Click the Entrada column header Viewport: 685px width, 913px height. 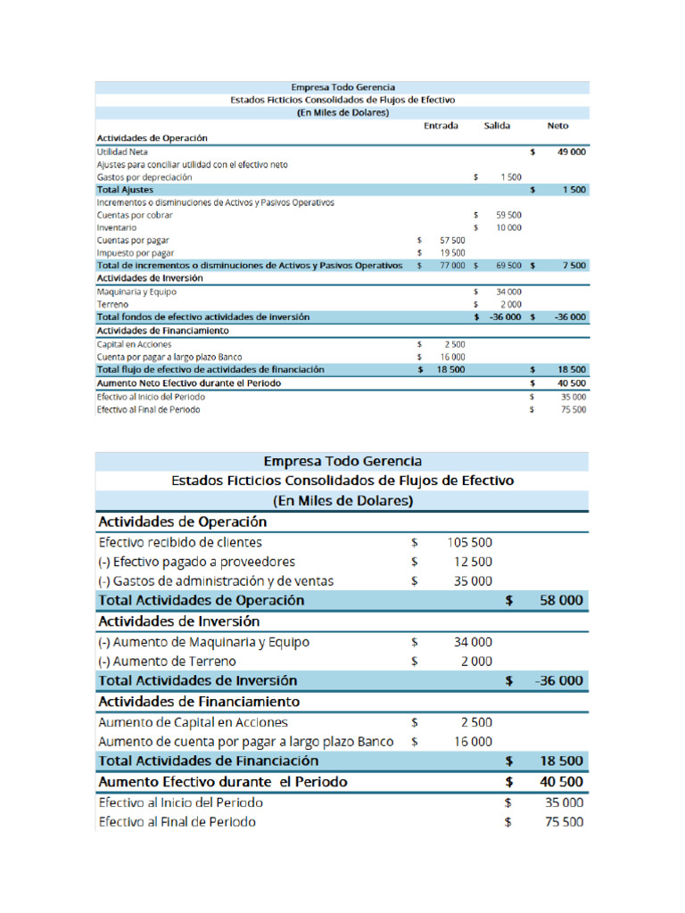pos(441,127)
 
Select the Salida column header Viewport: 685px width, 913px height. pos(497,127)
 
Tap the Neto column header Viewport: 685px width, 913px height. pos(557,127)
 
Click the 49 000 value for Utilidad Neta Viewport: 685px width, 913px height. pos(571,152)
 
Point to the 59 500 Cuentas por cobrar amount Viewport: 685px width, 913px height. pos(508,215)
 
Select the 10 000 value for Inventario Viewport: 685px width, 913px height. pos(508,227)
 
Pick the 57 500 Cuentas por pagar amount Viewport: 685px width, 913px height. pos(452,241)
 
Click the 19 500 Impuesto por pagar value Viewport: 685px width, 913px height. pos(452,253)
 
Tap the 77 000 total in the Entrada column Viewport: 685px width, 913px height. pos(452,266)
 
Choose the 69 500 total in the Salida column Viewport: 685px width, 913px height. pos(508,266)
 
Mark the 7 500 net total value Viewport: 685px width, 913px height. pos(574,266)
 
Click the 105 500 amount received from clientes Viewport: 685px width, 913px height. pos(468,542)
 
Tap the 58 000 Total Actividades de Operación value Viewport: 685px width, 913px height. pos(562,601)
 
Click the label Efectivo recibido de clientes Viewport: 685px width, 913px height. pos(180,542)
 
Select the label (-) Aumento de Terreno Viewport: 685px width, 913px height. pos(167,661)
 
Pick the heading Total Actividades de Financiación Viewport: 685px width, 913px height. pos(208,761)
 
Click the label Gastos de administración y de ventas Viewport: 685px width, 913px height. pos(216,581)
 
